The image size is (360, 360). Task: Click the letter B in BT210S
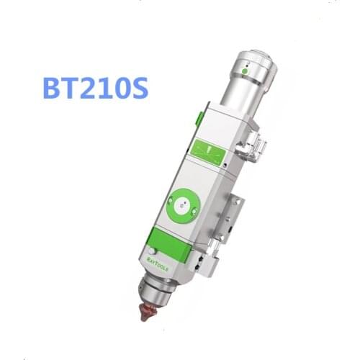pyautogui.click(x=53, y=90)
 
